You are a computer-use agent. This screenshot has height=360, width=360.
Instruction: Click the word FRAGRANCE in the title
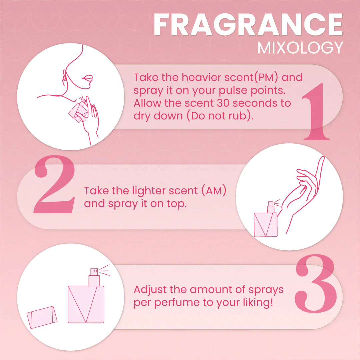[x=248, y=24]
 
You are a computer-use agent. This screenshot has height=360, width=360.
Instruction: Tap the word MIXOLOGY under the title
[x=300, y=48]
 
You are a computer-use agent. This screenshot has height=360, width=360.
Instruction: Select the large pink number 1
[x=316, y=112]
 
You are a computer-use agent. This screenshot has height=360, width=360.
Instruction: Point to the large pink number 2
[x=54, y=184]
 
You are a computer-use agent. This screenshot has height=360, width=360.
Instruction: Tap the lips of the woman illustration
[x=87, y=78]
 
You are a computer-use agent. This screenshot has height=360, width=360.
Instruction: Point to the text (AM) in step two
[x=214, y=191]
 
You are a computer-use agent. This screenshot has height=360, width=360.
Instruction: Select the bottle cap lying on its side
[x=42, y=317]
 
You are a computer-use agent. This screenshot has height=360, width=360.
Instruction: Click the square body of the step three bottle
[x=86, y=304]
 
